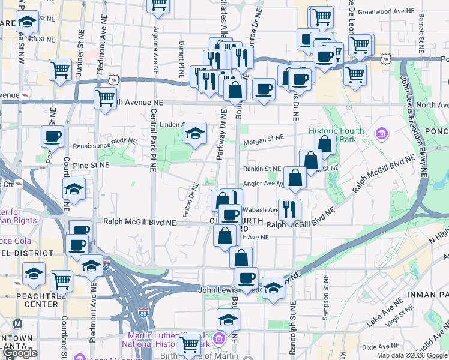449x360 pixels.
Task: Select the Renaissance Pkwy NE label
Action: pyautogui.click(x=104, y=145)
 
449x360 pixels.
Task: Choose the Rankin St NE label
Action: pyautogui.click(x=262, y=169)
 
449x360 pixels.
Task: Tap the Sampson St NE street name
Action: pyautogui.click(x=325, y=295)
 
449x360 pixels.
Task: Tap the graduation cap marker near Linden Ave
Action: pyautogui.click(x=195, y=133)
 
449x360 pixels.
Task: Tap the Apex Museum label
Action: pyautogui.click(x=99, y=356)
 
